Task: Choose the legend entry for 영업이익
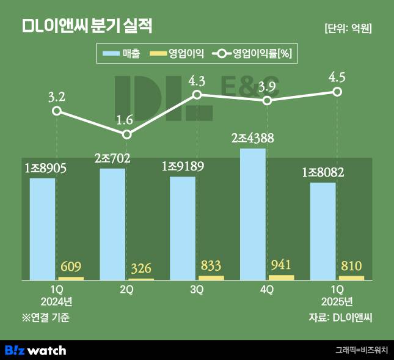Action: [x=177, y=54]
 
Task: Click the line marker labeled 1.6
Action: [x=126, y=134]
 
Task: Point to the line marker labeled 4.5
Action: [x=337, y=92]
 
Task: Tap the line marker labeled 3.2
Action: [x=56, y=111]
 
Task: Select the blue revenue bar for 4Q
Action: [x=253, y=214]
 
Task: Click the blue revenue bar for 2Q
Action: [x=112, y=224]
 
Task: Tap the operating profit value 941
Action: [x=282, y=265]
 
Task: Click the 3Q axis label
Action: [x=197, y=290]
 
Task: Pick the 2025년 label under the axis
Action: [x=337, y=301]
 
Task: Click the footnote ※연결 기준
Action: [x=46, y=317]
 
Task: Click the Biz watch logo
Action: [x=35, y=350]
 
